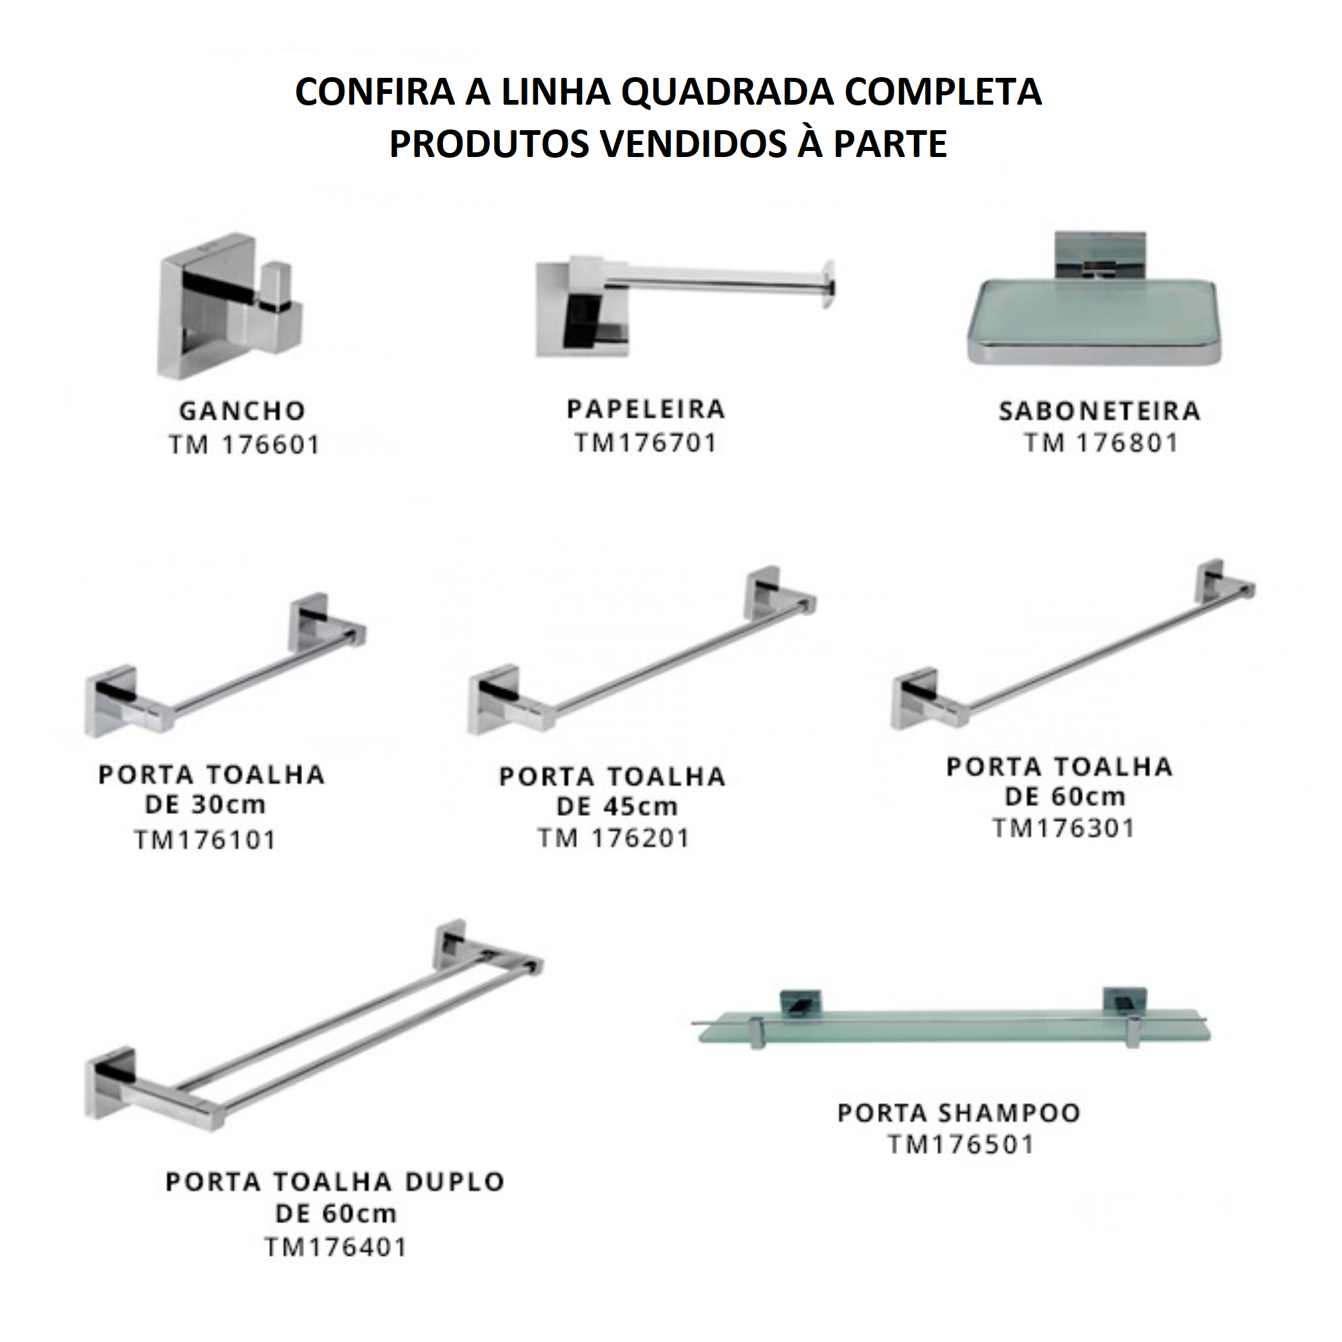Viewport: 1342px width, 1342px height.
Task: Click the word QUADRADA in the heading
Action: click(727, 92)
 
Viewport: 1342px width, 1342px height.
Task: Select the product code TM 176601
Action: click(244, 445)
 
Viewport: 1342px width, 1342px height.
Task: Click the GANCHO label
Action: click(242, 411)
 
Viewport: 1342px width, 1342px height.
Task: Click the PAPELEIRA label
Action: click(646, 409)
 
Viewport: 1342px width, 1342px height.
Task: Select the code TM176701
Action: click(646, 442)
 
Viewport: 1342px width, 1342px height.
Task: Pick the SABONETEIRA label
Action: click(1100, 411)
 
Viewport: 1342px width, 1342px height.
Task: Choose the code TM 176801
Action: click(1102, 443)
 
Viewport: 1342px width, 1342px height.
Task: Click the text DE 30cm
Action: click(205, 805)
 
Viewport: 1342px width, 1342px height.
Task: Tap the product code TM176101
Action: click(205, 840)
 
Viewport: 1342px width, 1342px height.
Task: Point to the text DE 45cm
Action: click(617, 807)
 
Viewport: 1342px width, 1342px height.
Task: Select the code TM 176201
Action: click(614, 838)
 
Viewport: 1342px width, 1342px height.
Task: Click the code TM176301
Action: click(1064, 828)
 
